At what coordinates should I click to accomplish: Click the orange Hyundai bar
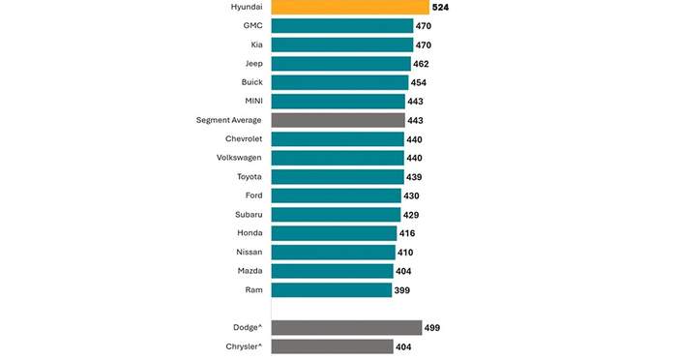point(350,7)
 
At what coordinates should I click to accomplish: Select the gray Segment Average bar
point(338,120)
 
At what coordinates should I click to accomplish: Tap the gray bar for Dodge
point(346,328)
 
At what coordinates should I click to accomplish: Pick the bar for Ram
point(331,290)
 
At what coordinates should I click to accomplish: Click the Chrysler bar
point(332,346)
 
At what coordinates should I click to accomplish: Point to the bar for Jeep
point(340,64)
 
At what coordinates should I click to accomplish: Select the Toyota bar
point(338,177)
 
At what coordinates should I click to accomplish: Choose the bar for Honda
point(334,233)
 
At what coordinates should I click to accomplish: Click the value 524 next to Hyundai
point(440,8)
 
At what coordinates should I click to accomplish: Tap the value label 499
point(432,328)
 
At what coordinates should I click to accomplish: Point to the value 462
point(421,65)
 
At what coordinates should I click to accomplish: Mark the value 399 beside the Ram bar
point(402,290)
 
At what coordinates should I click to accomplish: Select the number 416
point(407,234)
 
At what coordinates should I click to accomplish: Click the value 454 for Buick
point(419,82)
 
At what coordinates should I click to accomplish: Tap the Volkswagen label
point(239,158)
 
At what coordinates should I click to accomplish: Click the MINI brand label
point(253,101)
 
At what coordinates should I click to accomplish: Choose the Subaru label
point(249,215)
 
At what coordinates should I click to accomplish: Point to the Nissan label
point(250,252)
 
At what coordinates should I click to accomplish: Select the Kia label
point(257,45)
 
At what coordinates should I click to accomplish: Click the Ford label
point(253,195)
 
